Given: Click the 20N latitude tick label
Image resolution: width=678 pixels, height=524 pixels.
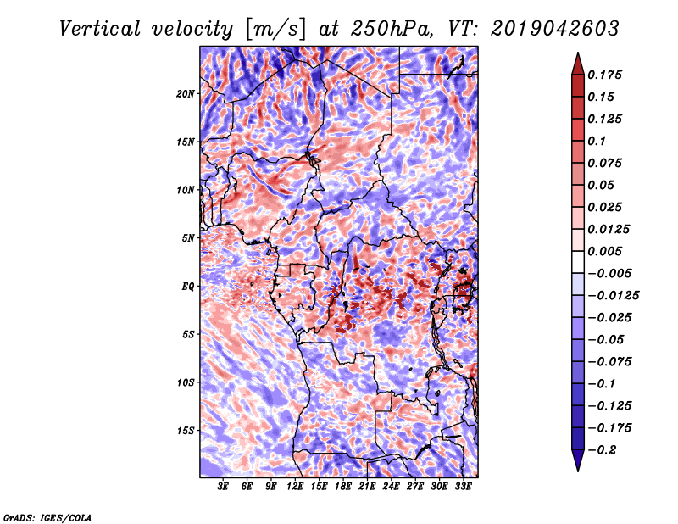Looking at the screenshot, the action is (x=186, y=94).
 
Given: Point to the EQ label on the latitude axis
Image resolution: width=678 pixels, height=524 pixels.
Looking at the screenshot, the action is (x=188, y=287).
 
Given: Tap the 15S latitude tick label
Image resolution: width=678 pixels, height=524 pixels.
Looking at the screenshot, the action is (x=186, y=431).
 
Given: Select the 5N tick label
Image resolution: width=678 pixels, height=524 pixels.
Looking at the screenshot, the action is (x=188, y=238).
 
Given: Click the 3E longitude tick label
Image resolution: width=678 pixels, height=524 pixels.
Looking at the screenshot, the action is (x=223, y=487).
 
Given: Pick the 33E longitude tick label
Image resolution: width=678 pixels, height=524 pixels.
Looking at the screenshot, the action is (x=463, y=487).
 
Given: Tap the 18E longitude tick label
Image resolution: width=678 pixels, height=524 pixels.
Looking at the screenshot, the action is (x=343, y=487).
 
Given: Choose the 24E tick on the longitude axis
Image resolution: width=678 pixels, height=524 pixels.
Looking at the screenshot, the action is (x=391, y=487).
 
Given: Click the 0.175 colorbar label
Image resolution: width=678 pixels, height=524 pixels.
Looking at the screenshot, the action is (x=604, y=75).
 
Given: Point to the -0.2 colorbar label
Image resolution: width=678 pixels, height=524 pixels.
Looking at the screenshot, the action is (x=602, y=450).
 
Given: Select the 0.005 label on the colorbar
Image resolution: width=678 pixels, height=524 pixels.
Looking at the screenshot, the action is (x=604, y=251).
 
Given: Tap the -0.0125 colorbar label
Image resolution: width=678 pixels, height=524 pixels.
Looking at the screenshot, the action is (x=613, y=296).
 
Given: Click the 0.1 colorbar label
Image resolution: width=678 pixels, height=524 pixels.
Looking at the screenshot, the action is (x=597, y=141).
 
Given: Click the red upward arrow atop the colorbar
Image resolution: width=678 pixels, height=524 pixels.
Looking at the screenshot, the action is (x=578, y=64).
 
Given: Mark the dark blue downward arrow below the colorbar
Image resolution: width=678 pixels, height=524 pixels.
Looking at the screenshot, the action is (x=578, y=460).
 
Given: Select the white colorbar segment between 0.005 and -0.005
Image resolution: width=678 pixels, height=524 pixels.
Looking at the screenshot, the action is (x=578, y=262).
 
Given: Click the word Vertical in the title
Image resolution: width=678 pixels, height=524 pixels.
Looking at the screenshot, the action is (x=100, y=29).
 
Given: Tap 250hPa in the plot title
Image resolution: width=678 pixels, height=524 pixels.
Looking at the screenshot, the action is (x=392, y=29).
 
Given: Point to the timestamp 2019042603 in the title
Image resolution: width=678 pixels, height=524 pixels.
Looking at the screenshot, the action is (x=555, y=29).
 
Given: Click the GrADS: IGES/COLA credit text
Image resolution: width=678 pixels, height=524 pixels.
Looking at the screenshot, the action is (x=47, y=518).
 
